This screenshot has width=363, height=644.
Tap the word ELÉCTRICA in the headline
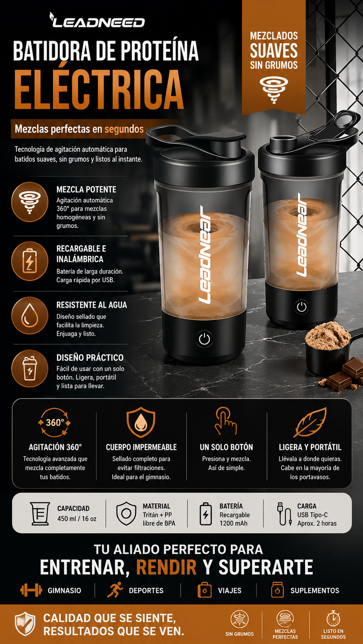99,89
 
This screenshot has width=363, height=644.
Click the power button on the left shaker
204,339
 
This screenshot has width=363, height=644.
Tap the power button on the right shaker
301,307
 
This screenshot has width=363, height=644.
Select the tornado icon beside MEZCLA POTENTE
30,202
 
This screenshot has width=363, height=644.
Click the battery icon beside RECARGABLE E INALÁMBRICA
30,261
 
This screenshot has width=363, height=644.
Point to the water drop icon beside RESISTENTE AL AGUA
30,315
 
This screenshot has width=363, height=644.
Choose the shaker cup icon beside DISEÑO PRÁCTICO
30,369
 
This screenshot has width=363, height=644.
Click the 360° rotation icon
54,423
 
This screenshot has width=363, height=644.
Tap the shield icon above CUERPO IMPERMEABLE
141,422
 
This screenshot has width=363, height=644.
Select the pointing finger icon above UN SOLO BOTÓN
226,421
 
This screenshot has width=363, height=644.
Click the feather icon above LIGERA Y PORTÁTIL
310,422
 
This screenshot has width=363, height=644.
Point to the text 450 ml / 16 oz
76,519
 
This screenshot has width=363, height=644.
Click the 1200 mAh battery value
233,523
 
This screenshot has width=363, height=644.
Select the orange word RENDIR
166,567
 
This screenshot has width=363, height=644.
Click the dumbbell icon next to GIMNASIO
31,590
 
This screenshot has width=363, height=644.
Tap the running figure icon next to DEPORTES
115,590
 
